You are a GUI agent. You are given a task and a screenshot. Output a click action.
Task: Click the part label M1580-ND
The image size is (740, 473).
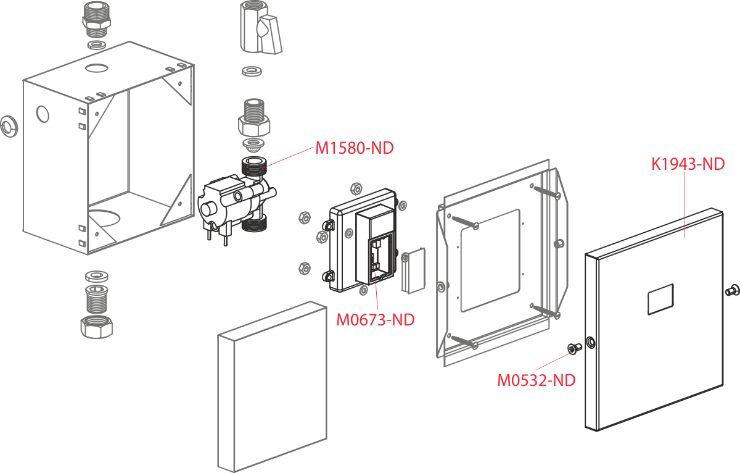pyautogui.click(x=354, y=148)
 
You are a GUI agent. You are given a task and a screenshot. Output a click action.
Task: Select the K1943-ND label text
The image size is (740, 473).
pyautogui.click(x=688, y=164)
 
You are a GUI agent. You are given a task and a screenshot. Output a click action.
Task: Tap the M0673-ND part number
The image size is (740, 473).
pyautogui.click(x=375, y=320)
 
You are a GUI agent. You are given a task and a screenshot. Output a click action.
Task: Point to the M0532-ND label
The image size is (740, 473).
pyautogui.click(x=536, y=380)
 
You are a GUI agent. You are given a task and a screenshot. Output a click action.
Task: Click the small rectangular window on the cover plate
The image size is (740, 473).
pyautogui.click(x=660, y=299)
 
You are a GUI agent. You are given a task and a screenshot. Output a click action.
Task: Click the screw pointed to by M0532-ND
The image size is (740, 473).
pyautogui.click(x=573, y=349)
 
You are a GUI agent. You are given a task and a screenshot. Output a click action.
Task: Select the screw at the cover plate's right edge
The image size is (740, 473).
pyautogui.click(x=733, y=288)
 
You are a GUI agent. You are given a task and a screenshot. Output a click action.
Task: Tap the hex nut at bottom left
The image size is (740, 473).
pyautogui.click(x=96, y=325)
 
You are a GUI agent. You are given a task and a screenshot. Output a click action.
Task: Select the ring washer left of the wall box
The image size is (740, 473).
pyautogui.click(x=8, y=126)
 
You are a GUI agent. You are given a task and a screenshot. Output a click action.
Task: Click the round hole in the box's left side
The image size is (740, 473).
pyautogui.click(x=43, y=114)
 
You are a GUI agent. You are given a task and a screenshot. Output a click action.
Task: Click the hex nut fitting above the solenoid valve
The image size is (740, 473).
pyautogui.click(x=254, y=121)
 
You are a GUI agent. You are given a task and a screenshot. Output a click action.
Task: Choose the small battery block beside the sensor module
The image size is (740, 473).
pyautogui.click(x=413, y=270)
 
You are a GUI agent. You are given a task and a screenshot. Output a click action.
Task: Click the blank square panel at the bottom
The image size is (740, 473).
pyautogui.click(x=271, y=387)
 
